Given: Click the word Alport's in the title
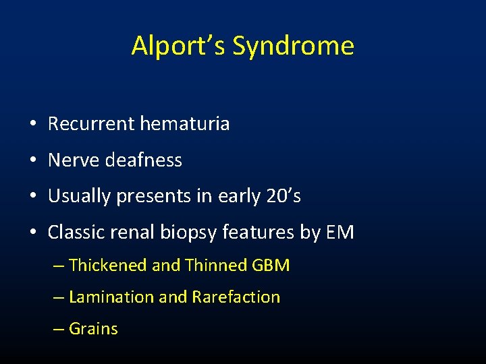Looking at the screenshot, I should [178, 46].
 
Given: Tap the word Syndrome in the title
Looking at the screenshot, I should [293, 46].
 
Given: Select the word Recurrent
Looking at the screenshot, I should [90, 124].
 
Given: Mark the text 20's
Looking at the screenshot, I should [283, 196].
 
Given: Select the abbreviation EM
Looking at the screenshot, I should [340, 233].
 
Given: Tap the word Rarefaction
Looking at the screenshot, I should [236, 297].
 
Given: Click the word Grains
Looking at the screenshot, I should [93, 329].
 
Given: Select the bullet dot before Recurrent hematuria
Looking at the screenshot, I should [32, 125].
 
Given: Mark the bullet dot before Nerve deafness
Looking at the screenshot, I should [32, 161].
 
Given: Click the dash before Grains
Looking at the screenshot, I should [58, 329].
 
